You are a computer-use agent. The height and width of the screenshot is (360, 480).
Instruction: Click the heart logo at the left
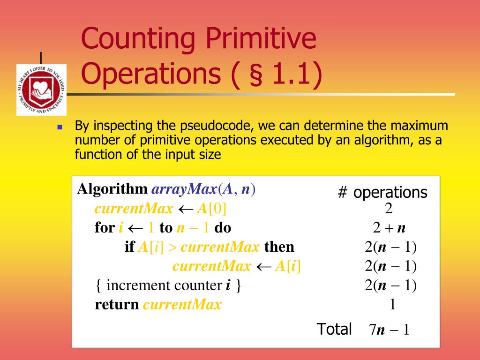pyautogui.click(x=41, y=89)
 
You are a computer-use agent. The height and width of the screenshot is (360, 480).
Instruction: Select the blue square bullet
pyautogui.click(x=60, y=127)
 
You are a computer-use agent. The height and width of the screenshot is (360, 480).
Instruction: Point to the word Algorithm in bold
pyautogui.click(x=112, y=189)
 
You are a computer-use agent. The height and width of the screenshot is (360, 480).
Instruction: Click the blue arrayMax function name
pyautogui.click(x=184, y=189)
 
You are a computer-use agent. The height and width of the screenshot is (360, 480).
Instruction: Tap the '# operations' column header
pyautogui.click(x=382, y=192)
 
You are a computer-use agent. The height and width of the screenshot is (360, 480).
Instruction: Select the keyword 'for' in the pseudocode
pyautogui.click(x=104, y=228)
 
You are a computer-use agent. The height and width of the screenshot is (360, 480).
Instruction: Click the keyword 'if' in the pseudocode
pyautogui.click(x=129, y=247)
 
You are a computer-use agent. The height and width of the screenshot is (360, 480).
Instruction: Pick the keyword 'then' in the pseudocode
pyautogui.click(x=279, y=247)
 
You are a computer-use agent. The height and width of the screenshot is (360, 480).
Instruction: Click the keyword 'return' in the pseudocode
pyautogui.click(x=117, y=305)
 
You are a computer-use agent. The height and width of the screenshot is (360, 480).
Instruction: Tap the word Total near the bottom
pyautogui.click(x=334, y=329)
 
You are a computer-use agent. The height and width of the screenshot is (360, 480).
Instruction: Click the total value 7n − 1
pyautogui.click(x=389, y=330)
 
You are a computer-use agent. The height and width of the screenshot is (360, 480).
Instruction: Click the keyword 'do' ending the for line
pyautogui.click(x=223, y=228)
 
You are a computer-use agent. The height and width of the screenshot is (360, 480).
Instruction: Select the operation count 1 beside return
pyautogui.click(x=392, y=305)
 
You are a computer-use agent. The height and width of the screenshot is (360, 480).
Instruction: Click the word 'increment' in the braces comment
pyautogui.click(x=138, y=285)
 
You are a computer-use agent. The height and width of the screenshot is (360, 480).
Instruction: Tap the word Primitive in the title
pyautogui.click(x=260, y=39)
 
